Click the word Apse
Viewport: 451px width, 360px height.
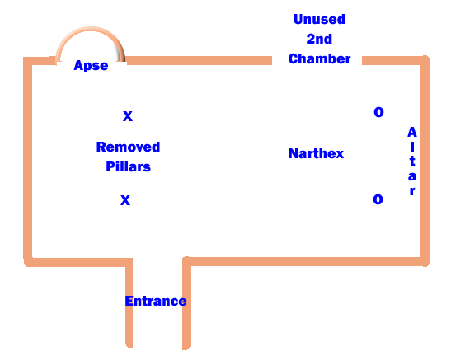91,66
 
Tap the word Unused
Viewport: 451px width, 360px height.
319,19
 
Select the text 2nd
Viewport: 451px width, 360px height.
319,39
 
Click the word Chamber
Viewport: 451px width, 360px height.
319,58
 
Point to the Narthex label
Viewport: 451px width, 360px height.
316,153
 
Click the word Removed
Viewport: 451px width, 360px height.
128,147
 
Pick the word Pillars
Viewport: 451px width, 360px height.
129,166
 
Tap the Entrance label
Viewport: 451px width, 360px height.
156,301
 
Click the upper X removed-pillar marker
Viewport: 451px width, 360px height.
128,116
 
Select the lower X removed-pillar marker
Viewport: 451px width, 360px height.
125,200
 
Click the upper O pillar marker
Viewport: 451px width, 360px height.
378,112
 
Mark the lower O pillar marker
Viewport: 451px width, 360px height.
378,199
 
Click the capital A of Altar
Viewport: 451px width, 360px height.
412,132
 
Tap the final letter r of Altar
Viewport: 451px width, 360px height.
412,191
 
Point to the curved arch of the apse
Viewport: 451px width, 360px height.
91,28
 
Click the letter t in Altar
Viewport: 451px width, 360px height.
412,161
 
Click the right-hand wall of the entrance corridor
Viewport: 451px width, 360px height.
186,303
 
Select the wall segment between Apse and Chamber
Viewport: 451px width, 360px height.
199,61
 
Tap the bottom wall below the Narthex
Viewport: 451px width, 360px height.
306,261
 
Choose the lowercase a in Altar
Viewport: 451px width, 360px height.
412,176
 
